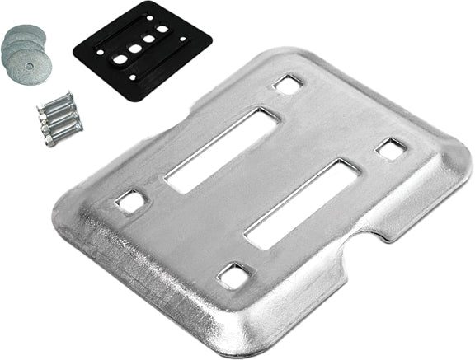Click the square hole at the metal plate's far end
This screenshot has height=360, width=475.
[289, 83]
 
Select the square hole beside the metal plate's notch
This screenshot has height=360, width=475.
[390, 148]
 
